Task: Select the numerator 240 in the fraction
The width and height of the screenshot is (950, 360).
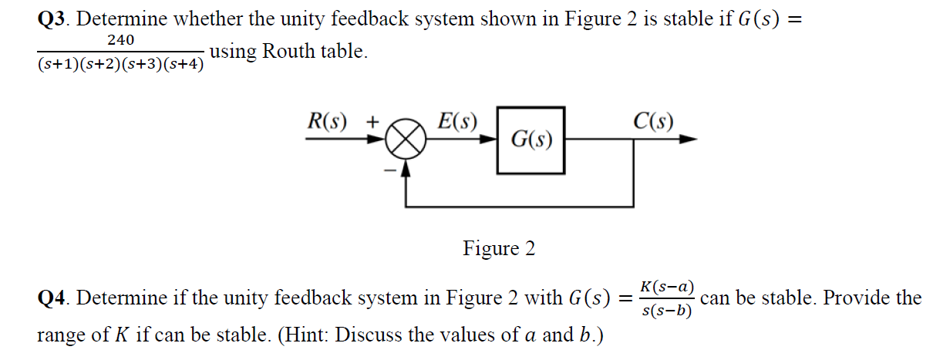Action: [x=121, y=39]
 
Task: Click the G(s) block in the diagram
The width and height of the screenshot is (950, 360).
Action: [x=531, y=140]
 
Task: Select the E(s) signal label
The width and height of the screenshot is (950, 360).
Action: [x=456, y=121]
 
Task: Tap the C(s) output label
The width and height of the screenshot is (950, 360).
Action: [x=653, y=121]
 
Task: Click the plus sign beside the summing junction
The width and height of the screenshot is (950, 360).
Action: [x=372, y=122]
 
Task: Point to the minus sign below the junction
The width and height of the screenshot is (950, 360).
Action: [x=389, y=168]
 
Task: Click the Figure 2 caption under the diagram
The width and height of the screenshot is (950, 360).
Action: [x=499, y=249]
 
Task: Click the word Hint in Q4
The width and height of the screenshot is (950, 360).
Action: [x=308, y=335]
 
